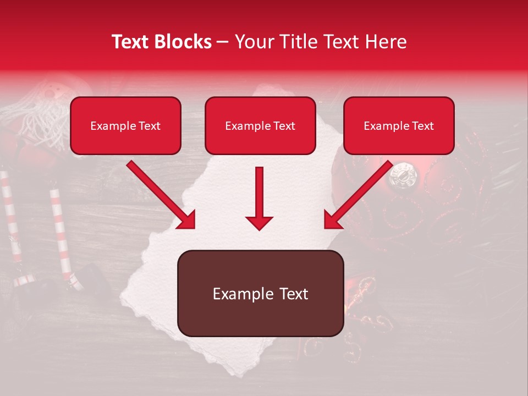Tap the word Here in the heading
tap(387, 42)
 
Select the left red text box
tap(125, 125)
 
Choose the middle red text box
tap(260, 125)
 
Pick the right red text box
tap(399, 125)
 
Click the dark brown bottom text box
tap(260, 294)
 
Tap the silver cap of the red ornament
tap(403, 175)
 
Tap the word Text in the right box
tap(422, 126)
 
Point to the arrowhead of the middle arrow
tap(260, 222)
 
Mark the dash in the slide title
tap(223, 42)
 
